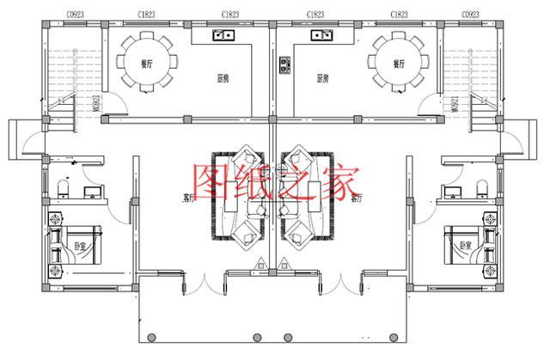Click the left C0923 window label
(x=61, y=15)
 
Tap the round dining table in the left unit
(x=144, y=62)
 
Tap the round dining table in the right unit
(x=398, y=62)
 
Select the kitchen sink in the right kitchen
(x=324, y=36)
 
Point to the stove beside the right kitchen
(x=284, y=64)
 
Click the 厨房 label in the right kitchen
(x=324, y=78)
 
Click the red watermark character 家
(x=342, y=181)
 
